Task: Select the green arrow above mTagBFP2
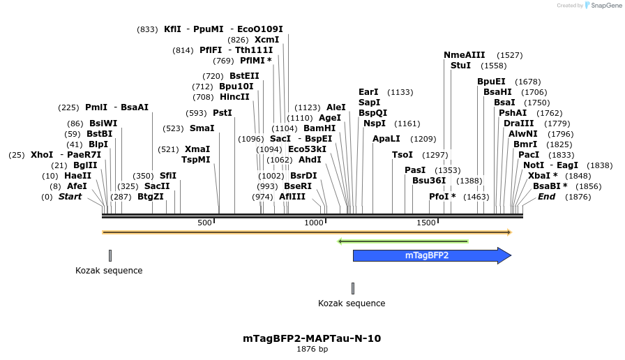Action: click(402, 241)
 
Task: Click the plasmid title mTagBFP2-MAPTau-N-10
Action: click(312, 338)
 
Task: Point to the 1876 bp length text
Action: click(312, 349)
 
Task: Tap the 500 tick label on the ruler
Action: click(204, 223)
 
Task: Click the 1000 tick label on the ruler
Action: click(314, 223)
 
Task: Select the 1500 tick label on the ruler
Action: click(426, 223)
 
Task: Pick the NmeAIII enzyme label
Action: click(464, 55)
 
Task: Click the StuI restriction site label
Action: click(460, 66)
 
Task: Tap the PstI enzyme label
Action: click(223, 112)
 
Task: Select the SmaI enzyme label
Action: click(202, 128)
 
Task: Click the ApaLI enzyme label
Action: click(386, 139)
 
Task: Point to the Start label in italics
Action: click(70, 197)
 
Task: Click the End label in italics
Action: click(546, 197)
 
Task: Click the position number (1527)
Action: click(509, 55)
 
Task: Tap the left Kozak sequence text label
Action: click(109, 271)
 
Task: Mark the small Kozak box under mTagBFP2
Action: click(353, 288)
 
